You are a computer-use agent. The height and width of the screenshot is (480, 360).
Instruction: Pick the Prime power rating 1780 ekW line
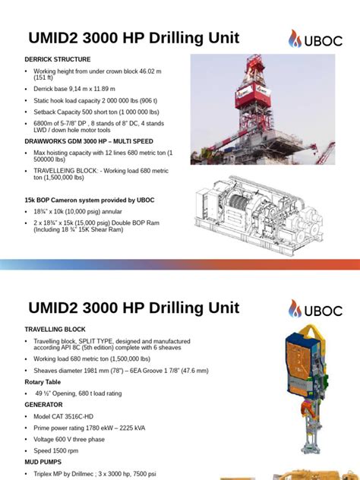click(93, 428)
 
